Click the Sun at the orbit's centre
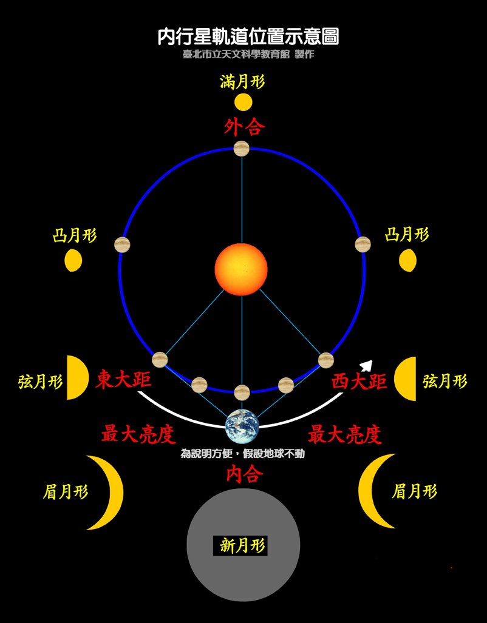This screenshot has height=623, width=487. click(241, 269)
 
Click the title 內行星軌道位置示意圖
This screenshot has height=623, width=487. click(248, 37)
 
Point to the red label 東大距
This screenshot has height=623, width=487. click(123, 380)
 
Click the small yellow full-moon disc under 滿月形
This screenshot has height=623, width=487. click(243, 103)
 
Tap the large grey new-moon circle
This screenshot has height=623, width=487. click(243, 545)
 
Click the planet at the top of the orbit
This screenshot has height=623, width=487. click(242, 149)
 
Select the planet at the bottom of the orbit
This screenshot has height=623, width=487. click(242, 392)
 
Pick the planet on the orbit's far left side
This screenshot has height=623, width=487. click(122, 244)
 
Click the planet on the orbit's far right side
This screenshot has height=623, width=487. click(363, 244)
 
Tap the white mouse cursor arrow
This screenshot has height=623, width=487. click(366, 365)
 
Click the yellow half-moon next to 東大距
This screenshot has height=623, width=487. click(77, 377)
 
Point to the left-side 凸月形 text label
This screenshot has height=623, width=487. click(75, 236)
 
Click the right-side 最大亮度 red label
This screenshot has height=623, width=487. click(344, 434)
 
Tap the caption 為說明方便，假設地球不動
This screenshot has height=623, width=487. click(243, 453)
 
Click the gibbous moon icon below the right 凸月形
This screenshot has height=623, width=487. click(408, 261)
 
